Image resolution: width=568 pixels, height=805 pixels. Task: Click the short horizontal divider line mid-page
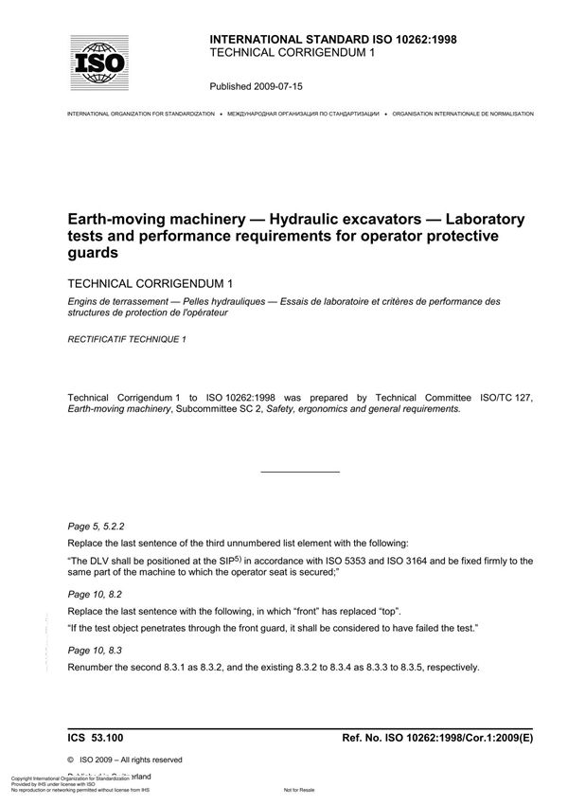(x=299, y=471)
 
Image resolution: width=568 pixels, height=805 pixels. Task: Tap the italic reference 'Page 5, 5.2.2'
(x=97, y=524)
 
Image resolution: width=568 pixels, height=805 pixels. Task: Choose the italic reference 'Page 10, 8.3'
(x=94, y=651)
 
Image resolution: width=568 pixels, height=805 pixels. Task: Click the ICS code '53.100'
(x=115, y=735)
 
